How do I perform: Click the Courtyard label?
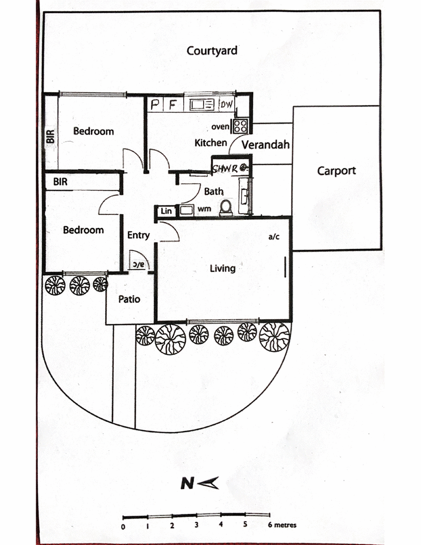pyautogui.click(x=212, y=51)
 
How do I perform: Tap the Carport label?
pyautogui.click(x=336, y=171)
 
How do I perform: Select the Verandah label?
pyautogui.click(x=266, y=144)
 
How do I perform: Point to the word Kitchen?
pyautogui.click(x=210, y=143)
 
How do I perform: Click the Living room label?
pyautogui.click(x=223, y=269)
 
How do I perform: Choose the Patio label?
pyautogui.click(x=129, y=299)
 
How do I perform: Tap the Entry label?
pyautogui.click(x=138, y=235)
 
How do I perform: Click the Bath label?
pyautogui.click(x=214, y=192)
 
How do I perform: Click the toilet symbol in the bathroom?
pyautogui.click(x=226, y=207)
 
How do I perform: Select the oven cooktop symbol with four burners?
pyautogui.click(x=240, y=126)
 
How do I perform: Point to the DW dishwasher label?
pyautogui.click(x=226, y=105)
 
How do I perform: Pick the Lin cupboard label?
pyautogui.click(x=166, y=211)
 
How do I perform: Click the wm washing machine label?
pyautogui.click(x=204, y=209)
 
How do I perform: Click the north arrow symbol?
pyautogui.click(x=199, y=483)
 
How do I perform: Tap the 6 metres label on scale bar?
pyautogui.click(x=282, y=525)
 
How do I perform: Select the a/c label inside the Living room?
pyautogui.click(x=274, y=237)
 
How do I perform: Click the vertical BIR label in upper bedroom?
pyautogui.click(x=51, y=136)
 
